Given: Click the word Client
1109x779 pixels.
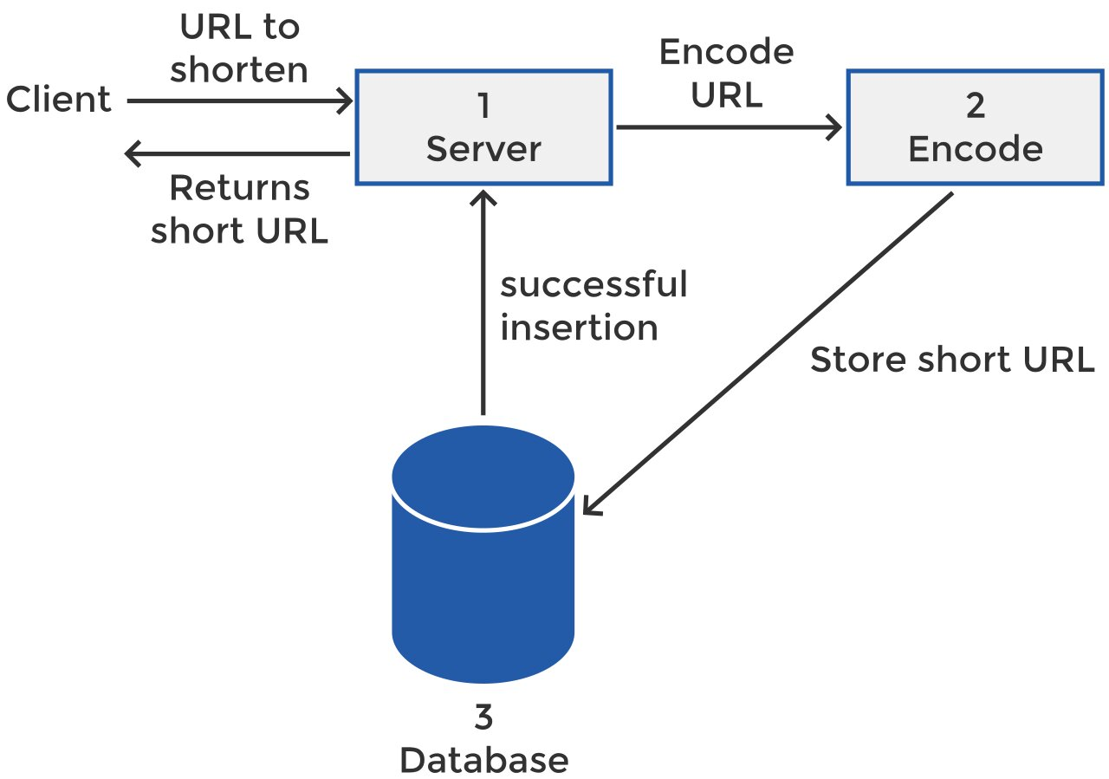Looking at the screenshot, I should click(59, 100).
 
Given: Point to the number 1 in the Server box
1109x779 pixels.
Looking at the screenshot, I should click(483, 107).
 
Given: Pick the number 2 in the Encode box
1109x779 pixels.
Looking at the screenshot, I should click(975, 107).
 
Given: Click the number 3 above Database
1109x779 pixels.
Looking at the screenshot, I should click(483, 718).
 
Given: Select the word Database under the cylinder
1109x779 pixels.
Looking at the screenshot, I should click(483, 760).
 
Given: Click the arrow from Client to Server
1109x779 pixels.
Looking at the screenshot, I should click(238, 101).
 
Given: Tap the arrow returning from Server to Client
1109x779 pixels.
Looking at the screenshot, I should click(238, 155).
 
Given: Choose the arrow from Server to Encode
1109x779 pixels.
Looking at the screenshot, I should click(728, 128).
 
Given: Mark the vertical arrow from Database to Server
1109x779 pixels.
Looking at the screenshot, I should click(483, 303).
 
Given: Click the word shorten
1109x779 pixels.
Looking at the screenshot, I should click(239, 70).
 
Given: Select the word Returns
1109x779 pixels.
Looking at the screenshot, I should click(239, 188).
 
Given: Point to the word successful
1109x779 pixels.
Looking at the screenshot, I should click(593, 284).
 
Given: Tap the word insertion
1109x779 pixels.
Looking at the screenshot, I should click(579, 328).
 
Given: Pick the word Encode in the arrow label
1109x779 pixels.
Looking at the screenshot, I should click(726, 53).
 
